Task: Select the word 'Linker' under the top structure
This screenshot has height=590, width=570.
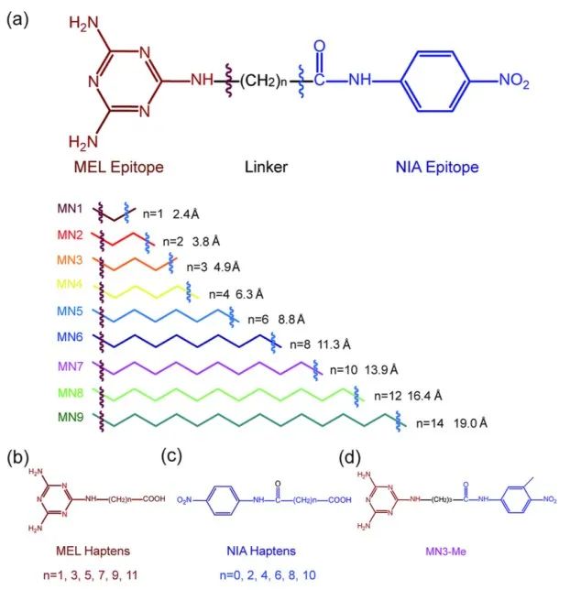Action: pos(267,168)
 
